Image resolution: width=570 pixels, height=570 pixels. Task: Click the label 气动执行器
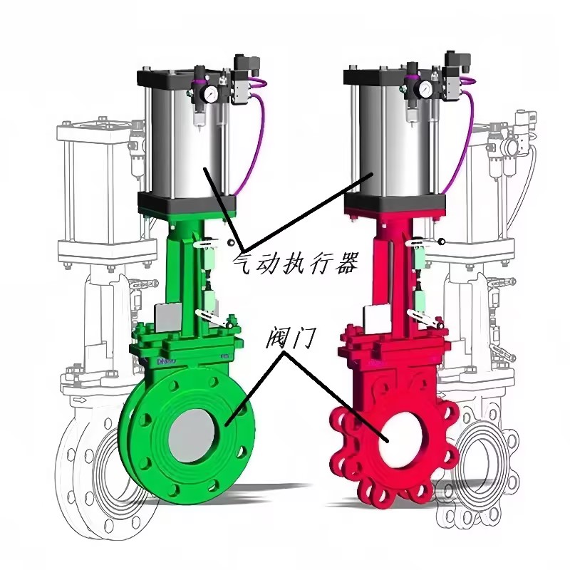[295, 262]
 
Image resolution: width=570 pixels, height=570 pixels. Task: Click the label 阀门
[289, 337]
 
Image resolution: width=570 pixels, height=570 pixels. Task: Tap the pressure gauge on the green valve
[210, 95]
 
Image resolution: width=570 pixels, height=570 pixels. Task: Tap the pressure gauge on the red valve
[424, 88]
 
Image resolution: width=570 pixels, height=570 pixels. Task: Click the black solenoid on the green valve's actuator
[247, 65]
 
